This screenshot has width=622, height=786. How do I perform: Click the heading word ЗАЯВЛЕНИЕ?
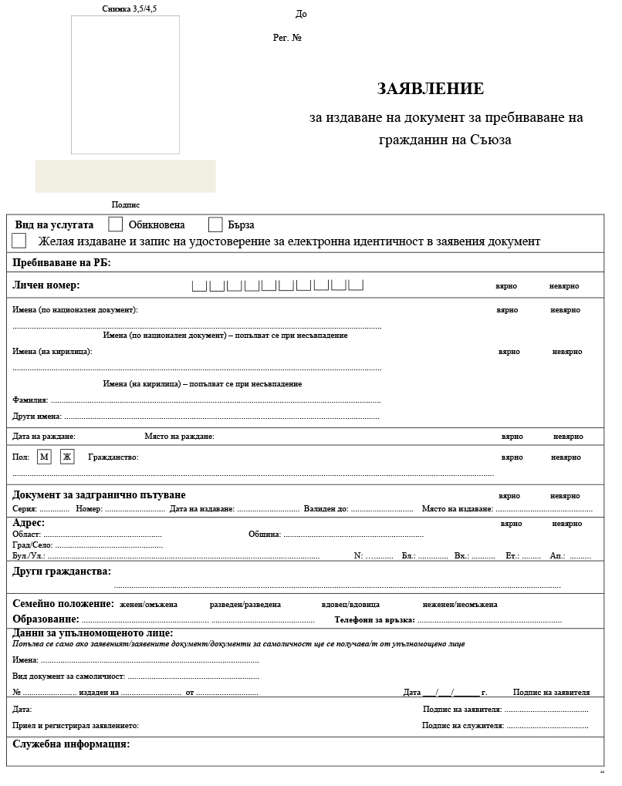(x=431, y=89)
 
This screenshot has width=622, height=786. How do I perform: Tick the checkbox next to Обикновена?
(x=116, y=224)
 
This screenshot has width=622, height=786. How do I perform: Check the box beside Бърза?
(x=215, y=224)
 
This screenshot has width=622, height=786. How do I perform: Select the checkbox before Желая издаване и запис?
(x=19, y=241)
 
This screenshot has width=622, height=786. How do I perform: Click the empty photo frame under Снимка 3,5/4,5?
(x=125, y=85)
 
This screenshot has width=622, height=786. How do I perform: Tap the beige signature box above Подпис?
(x=125, y=176)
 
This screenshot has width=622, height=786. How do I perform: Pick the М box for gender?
(x=44, y=457)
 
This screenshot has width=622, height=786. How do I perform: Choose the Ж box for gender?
(x=66, y=457)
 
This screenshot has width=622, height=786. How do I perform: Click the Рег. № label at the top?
(x=287, y=37)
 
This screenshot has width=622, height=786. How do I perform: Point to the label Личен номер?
(x=46, y=285)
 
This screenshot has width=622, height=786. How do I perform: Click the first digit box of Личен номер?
(x=199, y=286)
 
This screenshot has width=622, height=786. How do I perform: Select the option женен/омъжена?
(x=148, y=604)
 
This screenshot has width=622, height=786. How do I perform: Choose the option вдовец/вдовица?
(x=350, y=604)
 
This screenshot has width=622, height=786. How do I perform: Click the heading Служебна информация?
(x=71, y=744)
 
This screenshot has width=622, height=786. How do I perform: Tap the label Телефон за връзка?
(x=374, y=619)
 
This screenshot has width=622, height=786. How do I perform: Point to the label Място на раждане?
(x=179, y=437)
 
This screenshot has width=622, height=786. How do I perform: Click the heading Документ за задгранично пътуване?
(x=99, y=494)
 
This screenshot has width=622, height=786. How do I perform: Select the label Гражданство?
(x=113, y=457)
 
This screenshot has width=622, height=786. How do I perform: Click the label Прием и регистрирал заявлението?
(x=76, y=726)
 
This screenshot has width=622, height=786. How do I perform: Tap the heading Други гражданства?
(x=62, y=572)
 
